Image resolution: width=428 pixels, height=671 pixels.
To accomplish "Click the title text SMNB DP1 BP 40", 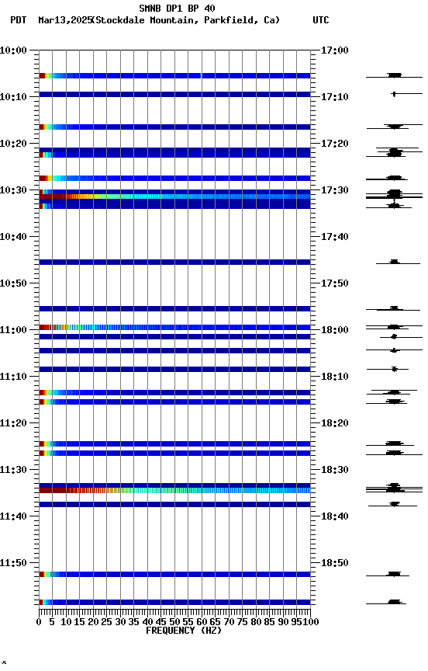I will (x=177, y=9).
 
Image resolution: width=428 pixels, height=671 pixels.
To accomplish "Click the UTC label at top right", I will (x=321, y=20).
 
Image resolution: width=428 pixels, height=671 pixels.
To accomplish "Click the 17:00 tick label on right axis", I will (x=334, y=50).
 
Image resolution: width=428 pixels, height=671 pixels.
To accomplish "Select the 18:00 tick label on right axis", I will (x=334, y=330).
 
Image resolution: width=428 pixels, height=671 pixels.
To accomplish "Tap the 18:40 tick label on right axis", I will (x=334, y=516).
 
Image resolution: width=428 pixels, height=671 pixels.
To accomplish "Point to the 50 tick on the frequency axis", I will (x=175, y=622).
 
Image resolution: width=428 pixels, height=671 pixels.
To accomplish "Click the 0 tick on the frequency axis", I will (x=40, y=622).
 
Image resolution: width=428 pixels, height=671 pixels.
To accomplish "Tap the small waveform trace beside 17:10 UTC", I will (x=394, y=94).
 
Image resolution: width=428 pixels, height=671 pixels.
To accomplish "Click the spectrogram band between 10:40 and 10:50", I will (x=174, y=262).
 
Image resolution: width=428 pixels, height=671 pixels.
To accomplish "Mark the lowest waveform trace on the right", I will (x=395, y=602).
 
